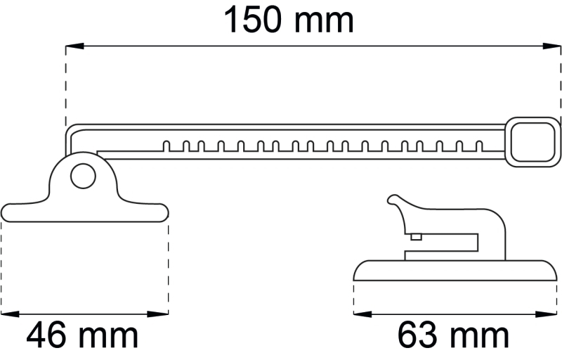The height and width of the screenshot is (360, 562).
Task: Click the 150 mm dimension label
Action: pyautogui.click(x=288, y=20)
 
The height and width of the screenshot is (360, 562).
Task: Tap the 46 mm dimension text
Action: pyautogui.click(x=83, y=336)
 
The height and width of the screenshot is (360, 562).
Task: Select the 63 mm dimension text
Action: pyautogui.click(x=453, y=336)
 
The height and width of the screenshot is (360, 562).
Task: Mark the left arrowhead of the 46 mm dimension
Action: pyautogui.click(x=8, y=313)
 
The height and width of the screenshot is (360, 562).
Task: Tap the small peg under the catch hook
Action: pyautogui.click(x=416, y=237)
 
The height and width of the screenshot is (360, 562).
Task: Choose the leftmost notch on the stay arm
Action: pyautogui.click(x=166, y=147)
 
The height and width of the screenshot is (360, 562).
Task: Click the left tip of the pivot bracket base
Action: pyautogui.click(x=6, y=212)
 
